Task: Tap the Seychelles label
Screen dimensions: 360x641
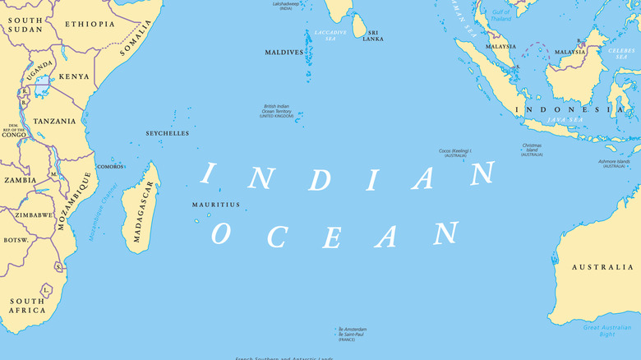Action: tap(167, 133)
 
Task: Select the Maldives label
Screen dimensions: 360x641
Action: tap(284, 52)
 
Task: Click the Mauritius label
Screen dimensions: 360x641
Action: tap(216, 205)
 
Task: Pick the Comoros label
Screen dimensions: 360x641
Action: tap(110, 167)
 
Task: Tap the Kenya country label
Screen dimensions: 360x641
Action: tap(74, 76)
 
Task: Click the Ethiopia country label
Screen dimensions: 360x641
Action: tap(90, 24)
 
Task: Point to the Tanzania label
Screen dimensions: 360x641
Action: tap(53, 121)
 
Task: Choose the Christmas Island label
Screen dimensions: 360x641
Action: tap(532, 150)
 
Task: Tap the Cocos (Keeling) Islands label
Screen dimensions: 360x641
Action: tap(454, 153)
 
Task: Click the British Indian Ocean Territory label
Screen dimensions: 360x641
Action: tap(276, 111)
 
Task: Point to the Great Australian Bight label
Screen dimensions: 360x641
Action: tap(608, 330)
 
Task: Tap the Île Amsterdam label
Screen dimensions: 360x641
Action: tap(353, 329)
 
